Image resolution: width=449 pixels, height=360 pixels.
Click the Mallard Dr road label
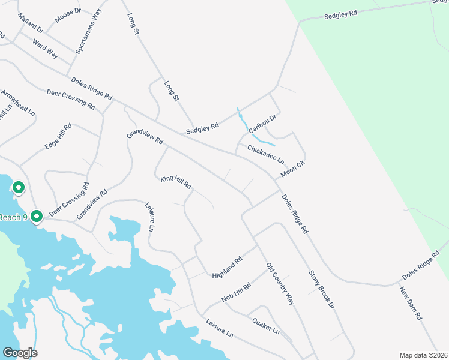click(32, 25)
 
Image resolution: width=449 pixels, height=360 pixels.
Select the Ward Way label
click(46, 49)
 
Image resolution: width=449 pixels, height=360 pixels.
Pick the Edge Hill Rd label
click(58, 137)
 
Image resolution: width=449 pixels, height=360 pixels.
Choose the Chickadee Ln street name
click(265, 155)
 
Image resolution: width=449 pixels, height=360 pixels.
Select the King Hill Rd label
click(175, 182)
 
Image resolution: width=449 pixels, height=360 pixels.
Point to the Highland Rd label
click(227, 266)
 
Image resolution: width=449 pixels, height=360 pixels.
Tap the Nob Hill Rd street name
click(235, 290)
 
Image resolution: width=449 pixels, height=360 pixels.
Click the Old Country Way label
click(280, 284)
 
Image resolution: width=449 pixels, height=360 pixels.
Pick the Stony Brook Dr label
click(321, 289)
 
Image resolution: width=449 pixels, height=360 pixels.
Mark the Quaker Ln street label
click(266, 326)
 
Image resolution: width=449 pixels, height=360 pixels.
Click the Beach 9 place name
click(12, 217)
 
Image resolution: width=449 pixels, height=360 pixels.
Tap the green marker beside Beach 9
click(37, 216)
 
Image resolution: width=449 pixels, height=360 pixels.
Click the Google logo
click(20, 353)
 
